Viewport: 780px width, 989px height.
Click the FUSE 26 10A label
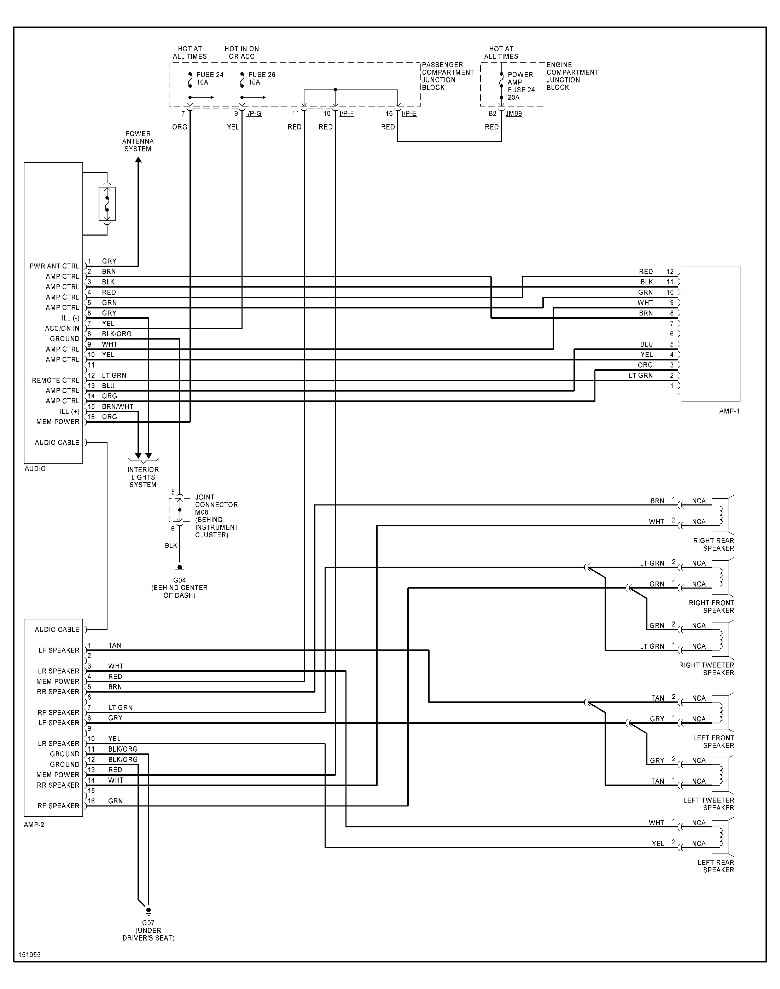click(261, 79)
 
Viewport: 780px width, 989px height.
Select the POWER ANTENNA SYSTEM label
click(138, 141)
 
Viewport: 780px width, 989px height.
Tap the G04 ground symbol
click(180, 569)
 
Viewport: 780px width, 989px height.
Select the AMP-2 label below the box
click(34, 825)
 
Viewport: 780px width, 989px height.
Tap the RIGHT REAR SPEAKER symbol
click(723, 515)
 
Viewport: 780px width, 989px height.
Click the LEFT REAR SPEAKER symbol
click(723, 837)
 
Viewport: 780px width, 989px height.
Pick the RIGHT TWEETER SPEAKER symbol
click(723, 640)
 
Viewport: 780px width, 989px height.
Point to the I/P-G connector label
click(254, 114)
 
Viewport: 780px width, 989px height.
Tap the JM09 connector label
click(514, 114)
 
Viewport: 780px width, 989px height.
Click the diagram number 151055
click(30, 955)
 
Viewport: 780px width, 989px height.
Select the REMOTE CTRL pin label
click(55, 380)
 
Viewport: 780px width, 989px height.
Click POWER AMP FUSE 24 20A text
click(520, 86)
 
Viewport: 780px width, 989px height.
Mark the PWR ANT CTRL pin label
click(54, 266)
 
